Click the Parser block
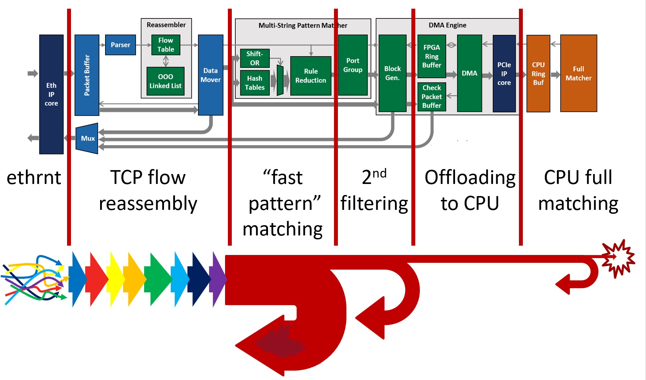click(120, 45)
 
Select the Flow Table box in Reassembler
click(166, 45)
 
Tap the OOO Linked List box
click(165, 81)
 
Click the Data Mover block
click(210, 75)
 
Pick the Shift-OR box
click(254, 58)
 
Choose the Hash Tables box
click(254, 83)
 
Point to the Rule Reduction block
click(311, 76)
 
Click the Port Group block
click(353, 65)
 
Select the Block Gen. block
click(392, 73)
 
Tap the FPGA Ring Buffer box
click(432, 56)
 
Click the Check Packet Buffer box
click(432, 97)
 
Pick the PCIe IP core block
click(504, 74)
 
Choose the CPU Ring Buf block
click(538, 74)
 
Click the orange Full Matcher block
click(579, 73)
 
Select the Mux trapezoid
click(88, 138)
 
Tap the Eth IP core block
click(51, 94)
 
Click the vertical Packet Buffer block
click(87, 75)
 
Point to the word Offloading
click(470, 178)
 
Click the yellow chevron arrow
click(116, 279)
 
